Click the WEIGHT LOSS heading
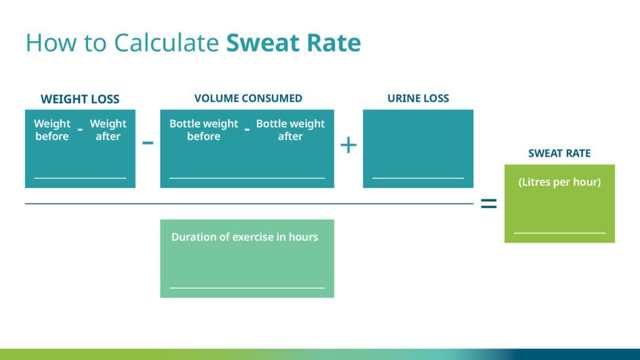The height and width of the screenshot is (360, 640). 80,99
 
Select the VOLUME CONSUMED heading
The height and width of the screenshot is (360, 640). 248,98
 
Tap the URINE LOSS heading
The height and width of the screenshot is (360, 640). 418,98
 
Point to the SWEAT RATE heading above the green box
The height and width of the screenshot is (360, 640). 559,154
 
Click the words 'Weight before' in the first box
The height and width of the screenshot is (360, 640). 52,130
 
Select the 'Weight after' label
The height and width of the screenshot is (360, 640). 108,130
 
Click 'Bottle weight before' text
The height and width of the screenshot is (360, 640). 204,130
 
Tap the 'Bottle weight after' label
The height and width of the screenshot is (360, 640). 290,130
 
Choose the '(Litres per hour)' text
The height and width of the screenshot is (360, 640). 559,182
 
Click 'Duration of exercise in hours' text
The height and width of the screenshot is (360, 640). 244,237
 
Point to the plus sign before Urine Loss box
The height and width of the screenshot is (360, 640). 349,145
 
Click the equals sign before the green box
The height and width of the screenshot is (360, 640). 489,203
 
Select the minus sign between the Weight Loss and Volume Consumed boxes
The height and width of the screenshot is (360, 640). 147,142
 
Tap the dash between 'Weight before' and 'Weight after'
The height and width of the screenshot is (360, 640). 81,130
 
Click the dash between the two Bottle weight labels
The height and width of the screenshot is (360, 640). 247,130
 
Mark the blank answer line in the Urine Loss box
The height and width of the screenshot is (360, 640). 418,178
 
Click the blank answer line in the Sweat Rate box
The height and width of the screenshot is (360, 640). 559,233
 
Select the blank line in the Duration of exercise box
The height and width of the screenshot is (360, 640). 247,287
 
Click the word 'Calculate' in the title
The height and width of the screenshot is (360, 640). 166,42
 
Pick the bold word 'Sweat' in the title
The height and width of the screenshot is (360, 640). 263,42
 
